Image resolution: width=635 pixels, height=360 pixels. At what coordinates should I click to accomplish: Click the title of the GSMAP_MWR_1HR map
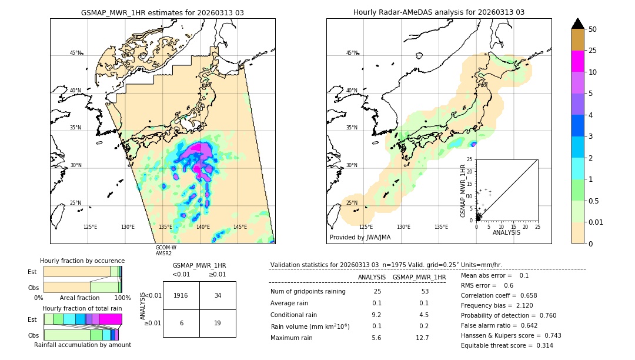click(x=162, y=12)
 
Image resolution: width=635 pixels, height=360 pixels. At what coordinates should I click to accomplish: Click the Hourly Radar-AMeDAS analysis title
click(x=439, y=12)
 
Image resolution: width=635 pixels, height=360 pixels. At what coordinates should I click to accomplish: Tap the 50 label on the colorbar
click(x=593, y=29)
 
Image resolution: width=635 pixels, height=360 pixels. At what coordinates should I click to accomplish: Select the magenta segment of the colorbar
click(x=577, y=61)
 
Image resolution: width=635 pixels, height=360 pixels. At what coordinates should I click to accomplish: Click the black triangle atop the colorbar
click(x=577, y=24)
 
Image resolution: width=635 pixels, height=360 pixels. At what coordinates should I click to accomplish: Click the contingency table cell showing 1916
click(x=181, y=295)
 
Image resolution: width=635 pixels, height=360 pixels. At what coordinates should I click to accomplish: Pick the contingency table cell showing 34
click(x=218, y=295)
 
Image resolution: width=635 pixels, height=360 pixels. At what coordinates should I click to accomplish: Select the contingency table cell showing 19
click(x=218, y=323)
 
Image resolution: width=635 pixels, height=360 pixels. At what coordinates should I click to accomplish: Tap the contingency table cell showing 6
click(x=181, y=323)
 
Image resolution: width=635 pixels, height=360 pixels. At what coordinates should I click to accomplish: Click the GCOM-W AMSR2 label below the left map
click(x=166, y=251)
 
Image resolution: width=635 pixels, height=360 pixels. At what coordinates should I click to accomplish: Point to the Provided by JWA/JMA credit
click(x=360, y=238)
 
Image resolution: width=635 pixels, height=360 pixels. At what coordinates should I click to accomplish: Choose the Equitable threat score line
click(x=507, y=345)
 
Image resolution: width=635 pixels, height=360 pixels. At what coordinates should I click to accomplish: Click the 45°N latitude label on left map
click(x=76, y=53)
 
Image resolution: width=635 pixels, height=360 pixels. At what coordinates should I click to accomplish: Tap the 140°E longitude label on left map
click(x=203, y=227)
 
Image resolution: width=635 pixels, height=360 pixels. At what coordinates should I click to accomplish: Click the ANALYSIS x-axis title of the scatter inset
click(x=506, y=232)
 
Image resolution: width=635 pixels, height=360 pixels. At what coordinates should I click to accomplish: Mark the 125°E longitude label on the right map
click(x=366, y=227)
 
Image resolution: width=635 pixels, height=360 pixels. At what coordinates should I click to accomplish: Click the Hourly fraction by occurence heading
click(x=82, y=261)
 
